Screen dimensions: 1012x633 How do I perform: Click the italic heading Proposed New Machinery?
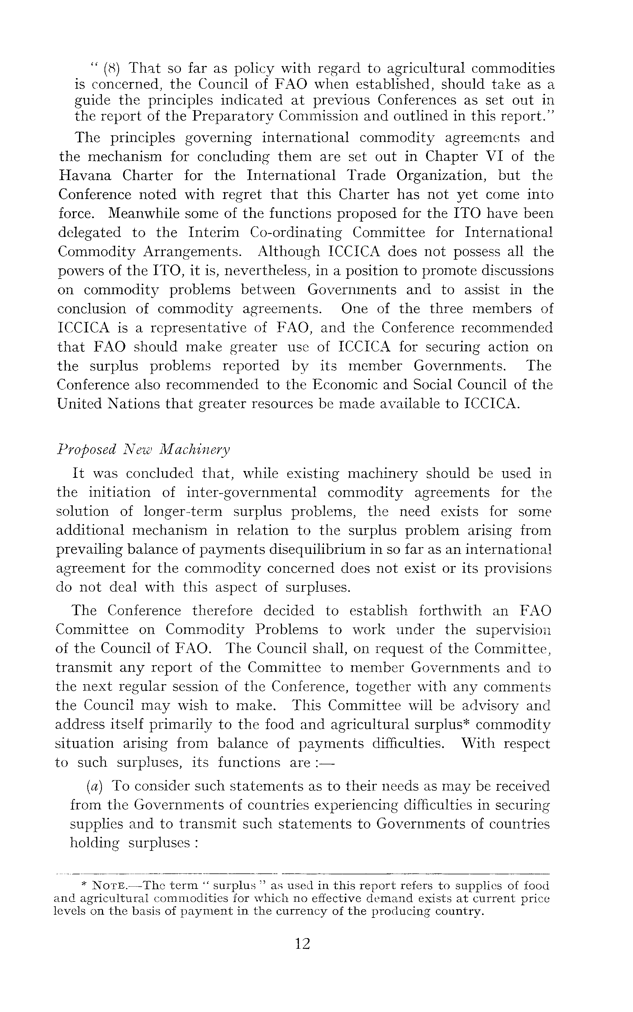click(x=143, y=450)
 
